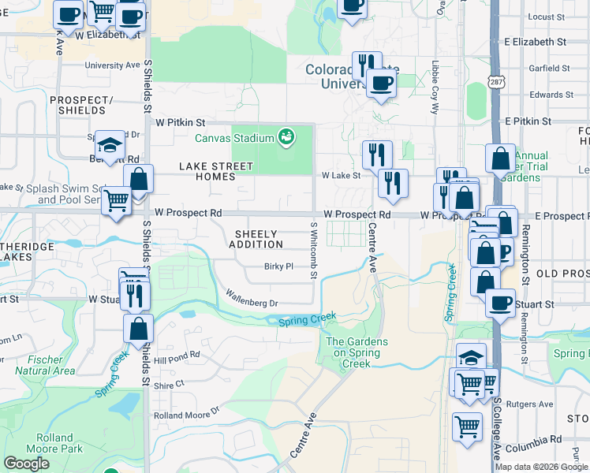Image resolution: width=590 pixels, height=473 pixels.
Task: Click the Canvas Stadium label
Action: pos(234,139)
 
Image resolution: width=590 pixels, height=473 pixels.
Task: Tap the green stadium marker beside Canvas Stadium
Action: pos(287,138)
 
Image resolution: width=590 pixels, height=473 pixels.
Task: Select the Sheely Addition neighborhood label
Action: pos(256,239)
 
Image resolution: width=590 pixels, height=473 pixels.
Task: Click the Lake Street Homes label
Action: pos(216,171)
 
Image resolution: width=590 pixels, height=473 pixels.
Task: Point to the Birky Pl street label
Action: pos(278,266)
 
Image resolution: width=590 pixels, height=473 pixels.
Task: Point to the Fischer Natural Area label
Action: pos(45,365)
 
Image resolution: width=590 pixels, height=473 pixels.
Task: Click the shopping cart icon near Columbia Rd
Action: pos(467,426)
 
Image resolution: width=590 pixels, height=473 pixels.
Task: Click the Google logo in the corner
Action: pos(26,464)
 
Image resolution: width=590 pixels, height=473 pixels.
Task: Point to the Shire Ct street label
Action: pos(169,385)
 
